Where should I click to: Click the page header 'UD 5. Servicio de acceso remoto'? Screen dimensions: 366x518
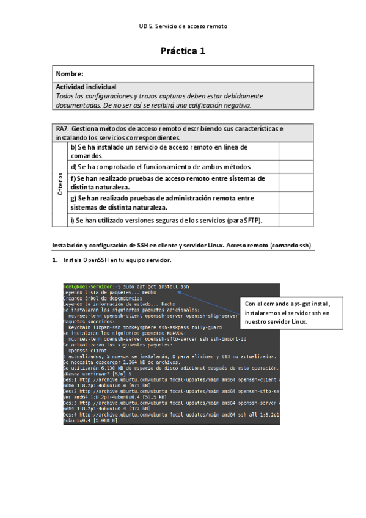coord(183,27)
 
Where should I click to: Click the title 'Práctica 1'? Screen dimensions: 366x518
coord(183,51)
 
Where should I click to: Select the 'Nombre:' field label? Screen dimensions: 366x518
coord(69,74)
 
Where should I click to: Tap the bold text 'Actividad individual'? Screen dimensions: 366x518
coord(86,87)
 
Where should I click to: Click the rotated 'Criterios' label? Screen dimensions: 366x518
coord(60,184)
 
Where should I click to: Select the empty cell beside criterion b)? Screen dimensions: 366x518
coord(296,151)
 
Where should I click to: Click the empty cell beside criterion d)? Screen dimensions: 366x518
coord(296,167)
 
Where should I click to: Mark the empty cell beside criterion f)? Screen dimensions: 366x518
coord(296,182)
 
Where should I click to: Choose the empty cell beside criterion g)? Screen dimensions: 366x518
coord(296,202)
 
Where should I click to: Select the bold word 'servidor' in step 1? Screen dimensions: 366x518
coord(158,260)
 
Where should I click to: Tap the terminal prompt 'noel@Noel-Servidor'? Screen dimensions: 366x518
coord(84,286)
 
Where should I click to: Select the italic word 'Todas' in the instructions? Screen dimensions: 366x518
coord(64,96)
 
